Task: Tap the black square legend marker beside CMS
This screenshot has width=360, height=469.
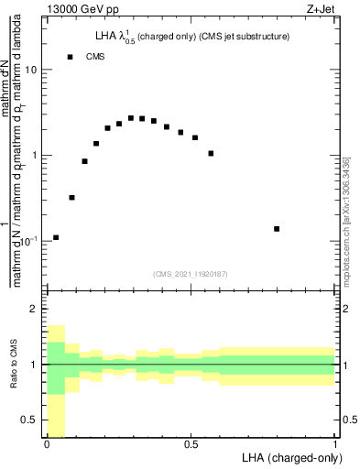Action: [70, 57]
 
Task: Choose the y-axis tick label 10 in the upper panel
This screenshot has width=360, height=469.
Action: [32, 71]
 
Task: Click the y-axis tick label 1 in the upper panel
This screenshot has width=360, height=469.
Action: [35, 155]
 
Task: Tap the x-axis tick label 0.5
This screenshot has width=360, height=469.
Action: [191, 444]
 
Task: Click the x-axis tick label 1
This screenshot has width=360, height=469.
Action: [334, 444]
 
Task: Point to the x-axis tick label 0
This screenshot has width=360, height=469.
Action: [47, 444]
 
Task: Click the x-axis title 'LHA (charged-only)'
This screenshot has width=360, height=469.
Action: [291, 457]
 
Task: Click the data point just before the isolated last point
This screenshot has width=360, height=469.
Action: [211, 153]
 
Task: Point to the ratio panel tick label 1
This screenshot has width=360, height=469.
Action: [35, 365]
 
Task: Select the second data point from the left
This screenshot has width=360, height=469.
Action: [72, 197]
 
